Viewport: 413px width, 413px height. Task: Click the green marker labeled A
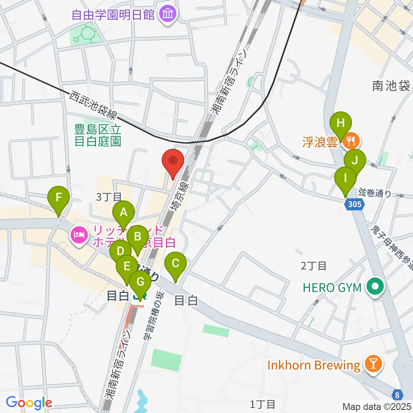[124, 212]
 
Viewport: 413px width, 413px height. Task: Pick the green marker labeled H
[341, 123]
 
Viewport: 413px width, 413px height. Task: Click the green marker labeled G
[140, 283]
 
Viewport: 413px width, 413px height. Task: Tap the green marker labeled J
[354, 161]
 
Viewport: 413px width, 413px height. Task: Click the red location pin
[173, 161]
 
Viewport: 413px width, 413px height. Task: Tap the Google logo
[29, 403]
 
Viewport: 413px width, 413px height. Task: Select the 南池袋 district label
[391, 86]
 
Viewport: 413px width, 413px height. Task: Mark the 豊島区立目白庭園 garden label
[98, 134]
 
